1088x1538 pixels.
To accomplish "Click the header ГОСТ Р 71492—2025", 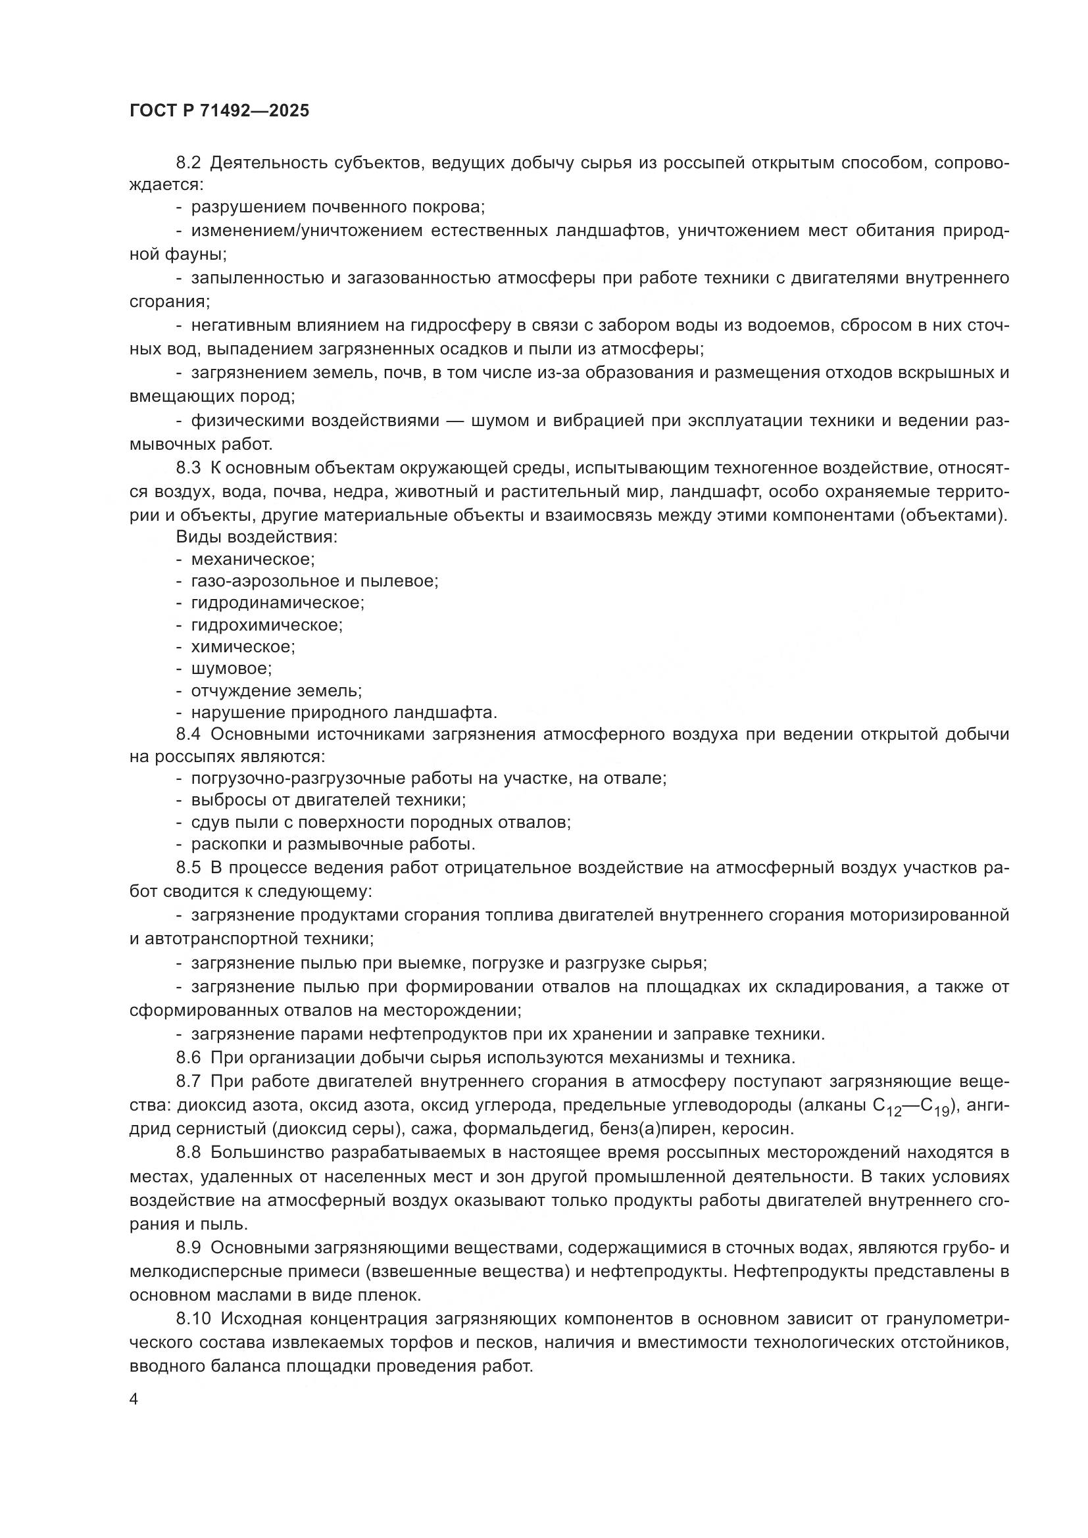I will point(219,110).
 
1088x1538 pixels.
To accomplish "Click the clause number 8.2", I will point(188,163).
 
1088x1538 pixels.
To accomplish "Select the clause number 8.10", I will point(193,1319).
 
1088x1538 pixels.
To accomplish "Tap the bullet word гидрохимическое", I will point(266,625).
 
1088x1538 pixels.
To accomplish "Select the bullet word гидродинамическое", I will point(278,603).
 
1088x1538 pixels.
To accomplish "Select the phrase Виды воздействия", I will point(257,537).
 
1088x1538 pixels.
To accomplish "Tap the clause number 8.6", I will point(188,1058).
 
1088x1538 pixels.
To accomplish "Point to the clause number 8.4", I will point(188,734).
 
